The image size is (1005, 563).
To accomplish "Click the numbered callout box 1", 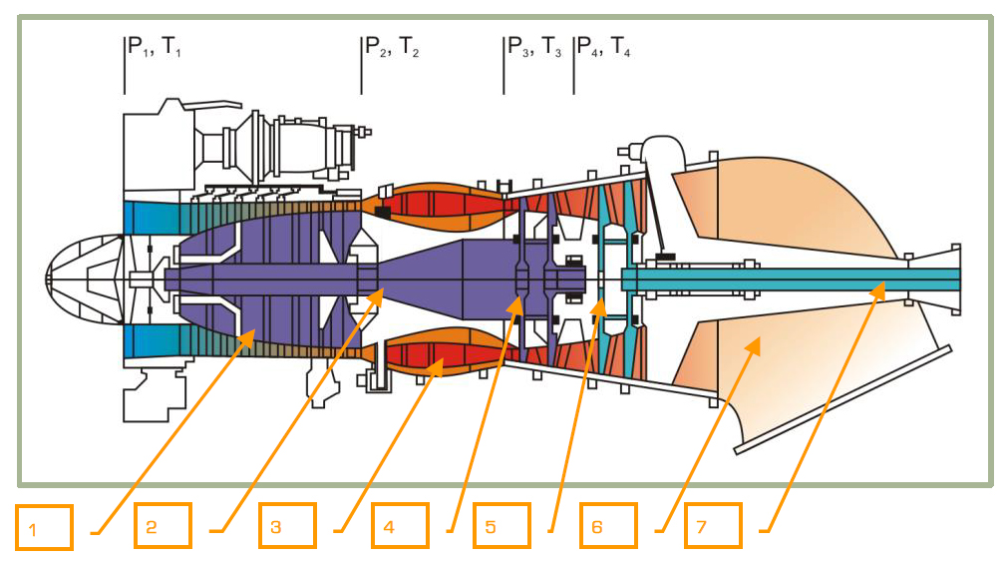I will coord(44,527).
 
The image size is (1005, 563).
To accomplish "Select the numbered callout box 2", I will coord(163,526).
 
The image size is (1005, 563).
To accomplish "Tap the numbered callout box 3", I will coord(287,526).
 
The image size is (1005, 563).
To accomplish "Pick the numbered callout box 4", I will coord(401,526).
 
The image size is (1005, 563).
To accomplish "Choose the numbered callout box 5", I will coord(502,526).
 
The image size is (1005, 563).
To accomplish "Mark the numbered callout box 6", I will coord(608,526).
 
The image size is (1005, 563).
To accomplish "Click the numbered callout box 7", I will coord(713,526).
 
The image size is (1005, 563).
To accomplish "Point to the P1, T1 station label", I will coord(154,46).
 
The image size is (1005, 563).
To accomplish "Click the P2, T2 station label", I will coord(391,46).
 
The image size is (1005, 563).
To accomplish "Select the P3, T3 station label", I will coord(534,46).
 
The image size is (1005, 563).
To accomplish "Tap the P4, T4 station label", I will coord(603,46).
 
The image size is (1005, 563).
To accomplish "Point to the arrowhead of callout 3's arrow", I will coord(439,367).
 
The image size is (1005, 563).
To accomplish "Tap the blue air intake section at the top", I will coord(150,217).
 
